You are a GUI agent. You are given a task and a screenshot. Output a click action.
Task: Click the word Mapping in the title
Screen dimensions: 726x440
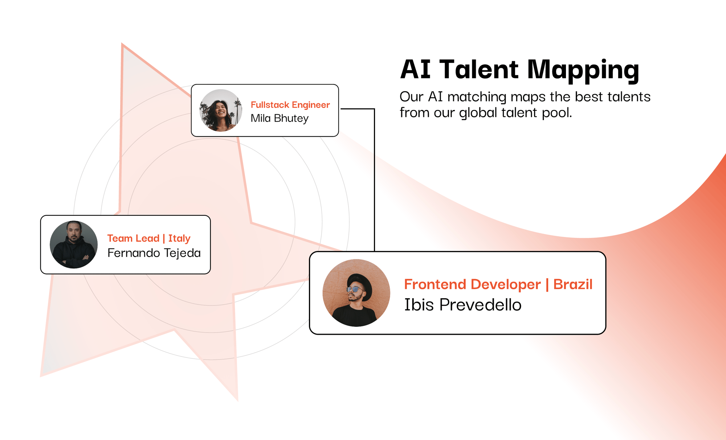pyautogui.click(x=583, y=70)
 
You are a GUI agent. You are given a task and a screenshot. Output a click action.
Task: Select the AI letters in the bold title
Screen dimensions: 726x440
pyautogui.click(x=415, y=69)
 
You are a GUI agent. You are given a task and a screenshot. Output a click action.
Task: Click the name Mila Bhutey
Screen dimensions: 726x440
pyautogui.click(x=280, y=119)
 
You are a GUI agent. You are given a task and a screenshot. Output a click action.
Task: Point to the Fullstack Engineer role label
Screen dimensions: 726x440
pyautogui.click(x=290, y=105)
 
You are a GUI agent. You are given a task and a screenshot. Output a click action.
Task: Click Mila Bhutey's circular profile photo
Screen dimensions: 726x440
pyautogui.click(x=221, y=110)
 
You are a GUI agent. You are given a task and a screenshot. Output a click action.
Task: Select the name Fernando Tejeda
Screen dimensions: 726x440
pyautogui.click(x=154, y=253)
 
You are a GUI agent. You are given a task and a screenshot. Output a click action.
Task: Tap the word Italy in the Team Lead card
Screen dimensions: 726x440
pyautogui.click(x=179, y=238)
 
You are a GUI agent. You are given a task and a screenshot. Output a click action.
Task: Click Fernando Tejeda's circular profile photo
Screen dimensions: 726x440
pyautogui.click(x=74, y=244)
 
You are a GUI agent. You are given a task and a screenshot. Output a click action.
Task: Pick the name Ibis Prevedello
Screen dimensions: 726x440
pyautogui.click(x=463, y=305)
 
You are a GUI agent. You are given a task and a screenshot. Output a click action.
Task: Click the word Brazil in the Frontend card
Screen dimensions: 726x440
pyautogui.click(x=573, y=284)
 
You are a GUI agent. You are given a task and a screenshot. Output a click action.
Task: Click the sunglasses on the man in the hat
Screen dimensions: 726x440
pyautogui.click(x=354, y=289)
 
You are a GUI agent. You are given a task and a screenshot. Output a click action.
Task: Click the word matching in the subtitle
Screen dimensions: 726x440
pyautogui.click(x=477, y=97)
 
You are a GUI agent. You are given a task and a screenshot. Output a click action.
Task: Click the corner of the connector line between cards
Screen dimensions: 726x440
pyautogui.click(x=374, y=109)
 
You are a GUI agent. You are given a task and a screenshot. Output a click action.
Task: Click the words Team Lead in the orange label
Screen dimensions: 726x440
pyautogui.click(x=133, y=238)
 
